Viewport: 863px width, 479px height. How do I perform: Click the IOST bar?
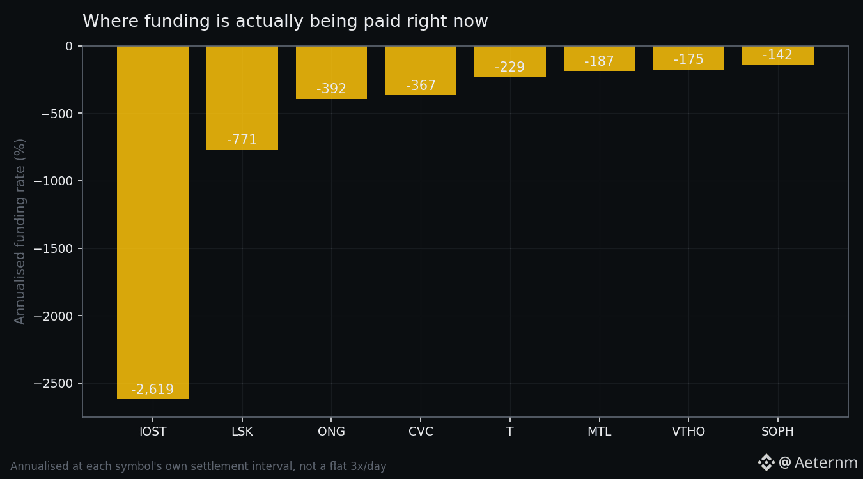point(153,222)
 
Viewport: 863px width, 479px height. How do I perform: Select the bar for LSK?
point(242,98)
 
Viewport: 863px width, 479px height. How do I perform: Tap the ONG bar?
point(331,73)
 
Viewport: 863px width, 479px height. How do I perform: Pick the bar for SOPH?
point(778,56)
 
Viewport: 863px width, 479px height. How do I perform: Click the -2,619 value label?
point(153,390)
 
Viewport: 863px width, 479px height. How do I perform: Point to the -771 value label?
point(242,139)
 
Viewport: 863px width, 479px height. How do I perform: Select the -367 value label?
point(421,85)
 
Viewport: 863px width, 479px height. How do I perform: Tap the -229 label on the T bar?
point(509,67)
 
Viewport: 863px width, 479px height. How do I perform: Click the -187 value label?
point(599,61)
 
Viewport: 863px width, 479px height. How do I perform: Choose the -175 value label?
point(688,59)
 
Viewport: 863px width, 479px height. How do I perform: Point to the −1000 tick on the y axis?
point(53,181)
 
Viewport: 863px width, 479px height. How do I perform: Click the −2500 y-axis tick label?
point(53,383)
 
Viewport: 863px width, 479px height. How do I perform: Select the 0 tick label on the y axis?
point(69,46)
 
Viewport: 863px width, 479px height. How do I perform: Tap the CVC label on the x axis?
point(421,431)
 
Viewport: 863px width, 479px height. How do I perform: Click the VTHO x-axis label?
point(688,431)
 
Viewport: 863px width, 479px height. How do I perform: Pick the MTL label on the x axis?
point(599,431)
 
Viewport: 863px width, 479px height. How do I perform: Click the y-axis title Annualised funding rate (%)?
point(20,231)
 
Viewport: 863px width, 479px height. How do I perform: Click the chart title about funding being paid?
point(285,21)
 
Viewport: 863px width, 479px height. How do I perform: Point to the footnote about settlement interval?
point(198,466)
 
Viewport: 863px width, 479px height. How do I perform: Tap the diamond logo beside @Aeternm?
point(766,462)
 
